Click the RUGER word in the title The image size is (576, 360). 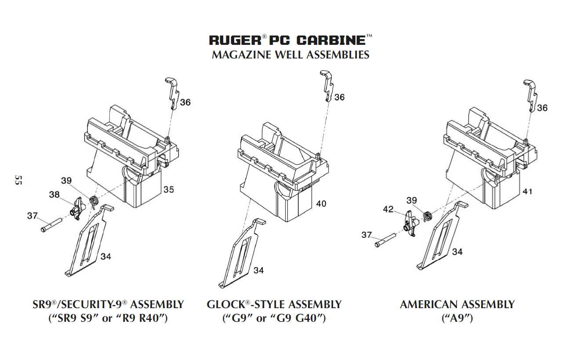[235, 40]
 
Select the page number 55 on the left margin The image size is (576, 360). [18, 180]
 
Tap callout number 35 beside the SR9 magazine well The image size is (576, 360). [169, 189]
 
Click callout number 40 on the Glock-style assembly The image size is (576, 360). [321, 204]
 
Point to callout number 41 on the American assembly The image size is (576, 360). [527, 192]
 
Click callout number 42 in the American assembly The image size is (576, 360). [388, 209]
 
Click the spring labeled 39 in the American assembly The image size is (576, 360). [427, 216]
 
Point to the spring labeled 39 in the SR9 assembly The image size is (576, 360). [94, 201]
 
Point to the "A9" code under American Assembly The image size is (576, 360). [457, 318]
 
